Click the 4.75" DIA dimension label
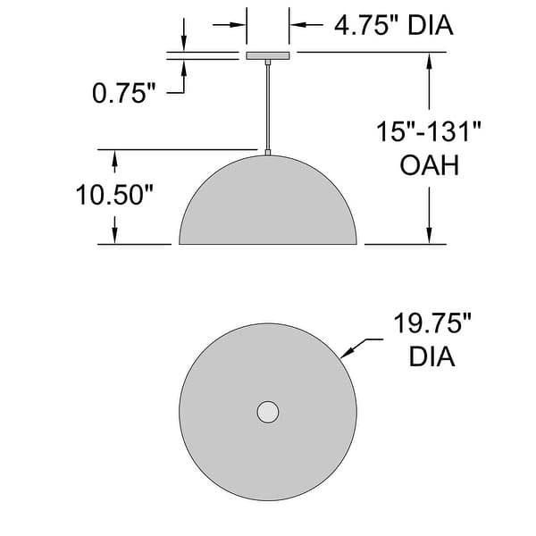[394, 25]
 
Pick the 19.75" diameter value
[433, 323]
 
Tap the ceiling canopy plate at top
[267, 55]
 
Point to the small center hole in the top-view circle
[268, 412]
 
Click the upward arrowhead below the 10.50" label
[114, 235]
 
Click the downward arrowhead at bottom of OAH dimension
[431, 235]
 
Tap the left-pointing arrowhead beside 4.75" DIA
[297, 25]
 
